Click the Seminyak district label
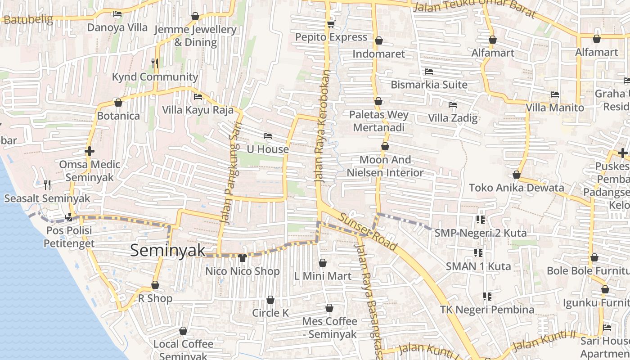click(167, 251)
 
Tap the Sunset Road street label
click(369, 232)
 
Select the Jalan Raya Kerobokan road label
click(322, 126)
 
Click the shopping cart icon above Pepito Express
click(331, 24)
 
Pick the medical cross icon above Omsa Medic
click(90, 151)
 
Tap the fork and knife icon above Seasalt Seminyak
click(47, 184)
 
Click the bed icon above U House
click(268, 135)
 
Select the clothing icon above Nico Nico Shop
click(243, 258)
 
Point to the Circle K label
click(270, 313)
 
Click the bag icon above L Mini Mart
click(322, 262)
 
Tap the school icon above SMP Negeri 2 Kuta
click(480, 220)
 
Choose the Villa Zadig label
click(453, 118)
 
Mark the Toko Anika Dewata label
click(517, 188)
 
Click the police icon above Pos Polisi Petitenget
click(69, 217)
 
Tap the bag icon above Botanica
click(118, 103)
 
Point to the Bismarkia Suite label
click(429, 85)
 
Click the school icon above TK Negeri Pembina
click(487, 296)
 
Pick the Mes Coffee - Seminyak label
click(330, 328)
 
